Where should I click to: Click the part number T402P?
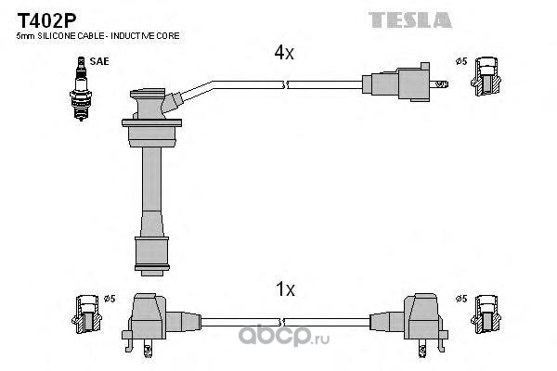point(46,20)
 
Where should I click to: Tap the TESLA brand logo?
point(410,19)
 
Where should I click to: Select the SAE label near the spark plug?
point(99,61)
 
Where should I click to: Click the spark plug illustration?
point(81,88)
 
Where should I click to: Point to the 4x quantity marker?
point(284,53)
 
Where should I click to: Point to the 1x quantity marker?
point(285,289)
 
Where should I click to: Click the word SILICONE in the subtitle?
point(57,36)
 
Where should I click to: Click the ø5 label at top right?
point(461,61)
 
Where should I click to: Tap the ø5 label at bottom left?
point(110,299)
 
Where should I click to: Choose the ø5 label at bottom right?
point(461,299)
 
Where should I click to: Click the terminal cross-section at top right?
point(486,76)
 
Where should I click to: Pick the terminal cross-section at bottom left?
point(86,313)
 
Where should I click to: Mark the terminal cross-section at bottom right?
point(486,313)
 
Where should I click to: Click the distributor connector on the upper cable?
point(404,83)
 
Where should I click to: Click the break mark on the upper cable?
point(285,85)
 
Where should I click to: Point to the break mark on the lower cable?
point(281,323)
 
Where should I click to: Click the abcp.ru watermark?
point(284,335)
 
